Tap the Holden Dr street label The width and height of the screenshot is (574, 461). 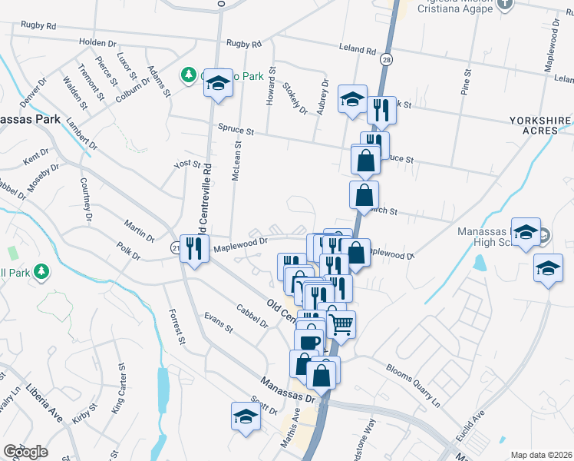coord(96,43)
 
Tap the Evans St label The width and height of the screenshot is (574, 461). coord(218,323)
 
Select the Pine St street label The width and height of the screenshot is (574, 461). coord(466,82)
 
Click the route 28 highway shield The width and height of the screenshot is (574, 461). coord(386,59)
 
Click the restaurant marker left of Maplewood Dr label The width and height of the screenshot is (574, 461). coord(195,248)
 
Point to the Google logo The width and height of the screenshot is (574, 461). coord(25,452)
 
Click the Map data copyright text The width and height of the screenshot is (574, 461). coord(542,455)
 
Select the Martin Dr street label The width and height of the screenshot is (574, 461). coord(139,228)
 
